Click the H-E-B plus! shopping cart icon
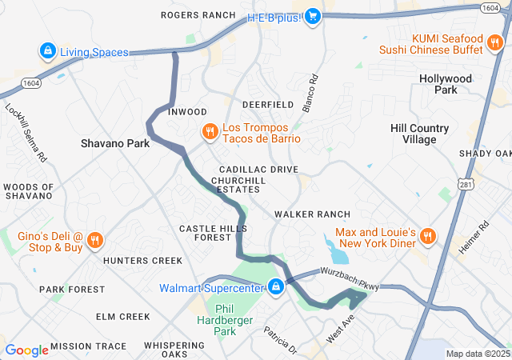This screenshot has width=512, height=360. (x=313, y=16)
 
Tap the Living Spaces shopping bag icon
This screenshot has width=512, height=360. (x=48, y=52)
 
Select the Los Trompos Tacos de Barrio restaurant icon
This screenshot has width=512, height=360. (x=210, y=132)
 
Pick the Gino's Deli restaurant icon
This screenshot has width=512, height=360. (x=94, y=239)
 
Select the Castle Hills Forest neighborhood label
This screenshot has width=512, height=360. (x=205, y=233)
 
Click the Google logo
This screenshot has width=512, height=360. (x=27, y=350)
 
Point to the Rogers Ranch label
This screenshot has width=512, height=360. (x=198, y=15)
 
